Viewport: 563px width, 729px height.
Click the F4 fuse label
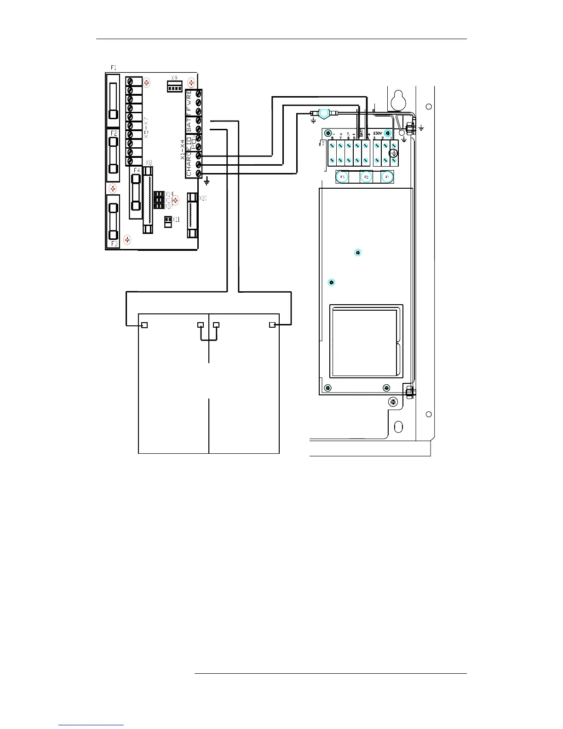[x=137, y=170]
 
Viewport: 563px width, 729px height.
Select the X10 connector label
[x=203, y=198]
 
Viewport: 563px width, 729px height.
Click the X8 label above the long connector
[x=149, y=163]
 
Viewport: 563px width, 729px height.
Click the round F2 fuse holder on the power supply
[x=366, y=177]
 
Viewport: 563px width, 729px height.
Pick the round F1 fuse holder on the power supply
[x=387, y=177]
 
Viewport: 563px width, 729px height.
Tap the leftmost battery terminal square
[x=144, y=325]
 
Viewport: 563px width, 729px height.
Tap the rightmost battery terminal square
[x=272, y=325]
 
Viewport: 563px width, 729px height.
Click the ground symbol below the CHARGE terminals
[x=207, y=182]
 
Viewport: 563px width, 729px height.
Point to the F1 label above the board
[x=114, y=68]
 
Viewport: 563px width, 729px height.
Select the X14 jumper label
[x=169, y=194]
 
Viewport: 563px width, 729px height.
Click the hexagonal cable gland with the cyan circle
[x=324, y=112]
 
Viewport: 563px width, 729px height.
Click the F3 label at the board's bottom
[x=114, y=243]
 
